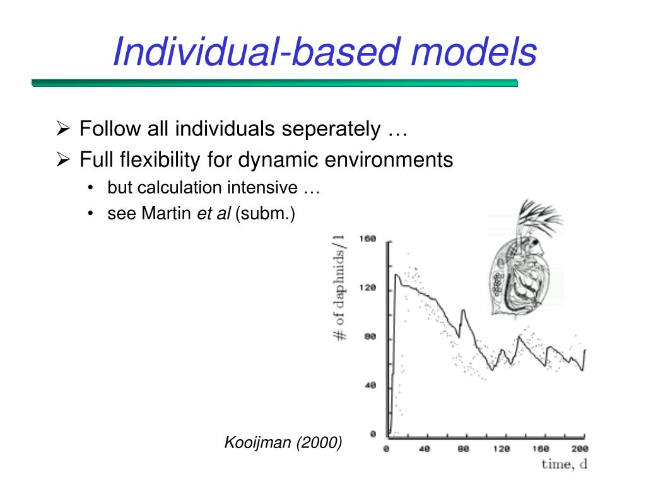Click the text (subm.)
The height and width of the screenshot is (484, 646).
tap(266, 214)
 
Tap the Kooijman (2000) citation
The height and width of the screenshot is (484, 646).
tap(283, 443)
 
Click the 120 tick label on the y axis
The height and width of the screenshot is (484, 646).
tap(368, 288)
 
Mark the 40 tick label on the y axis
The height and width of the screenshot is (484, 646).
tap(370, 386)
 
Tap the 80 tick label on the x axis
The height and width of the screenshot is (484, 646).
tap(463, 448)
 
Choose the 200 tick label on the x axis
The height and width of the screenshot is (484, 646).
tap(579, 448)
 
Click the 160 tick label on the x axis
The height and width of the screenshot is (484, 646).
tap(540, 448)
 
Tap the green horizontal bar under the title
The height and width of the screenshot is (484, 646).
tap(274, 83)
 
